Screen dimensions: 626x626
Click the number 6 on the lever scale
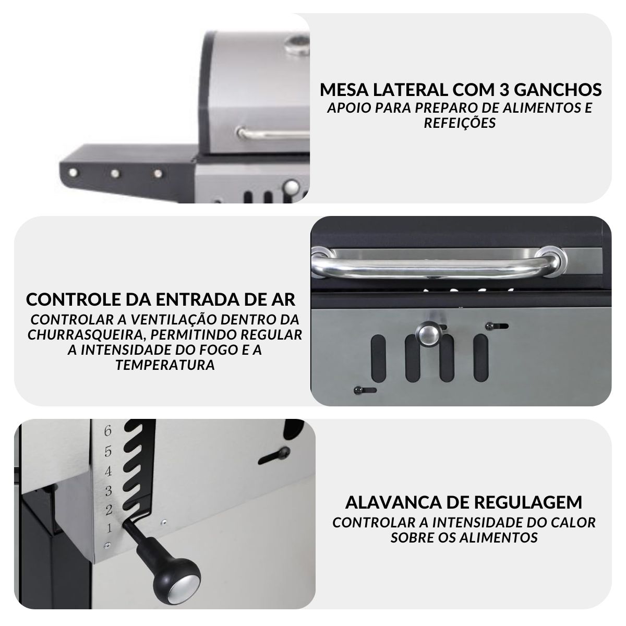click(107, 431)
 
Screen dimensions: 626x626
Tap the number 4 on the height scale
click(108, 472)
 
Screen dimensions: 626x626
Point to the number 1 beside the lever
click(109, 528)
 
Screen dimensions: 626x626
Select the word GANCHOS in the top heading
click(558, 90)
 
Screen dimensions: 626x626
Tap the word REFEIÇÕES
click(460, 123)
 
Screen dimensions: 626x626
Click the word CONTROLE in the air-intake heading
click(74, 299)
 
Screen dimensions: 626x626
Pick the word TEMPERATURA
click(165, 365)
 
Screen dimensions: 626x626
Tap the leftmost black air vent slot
click(378, 358)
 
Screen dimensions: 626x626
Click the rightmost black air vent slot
click(481, 358)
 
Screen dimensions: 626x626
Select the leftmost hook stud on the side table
click(73, 173)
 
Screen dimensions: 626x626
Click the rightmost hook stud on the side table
click(158, 174)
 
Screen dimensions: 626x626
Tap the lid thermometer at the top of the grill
click(297, 45)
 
